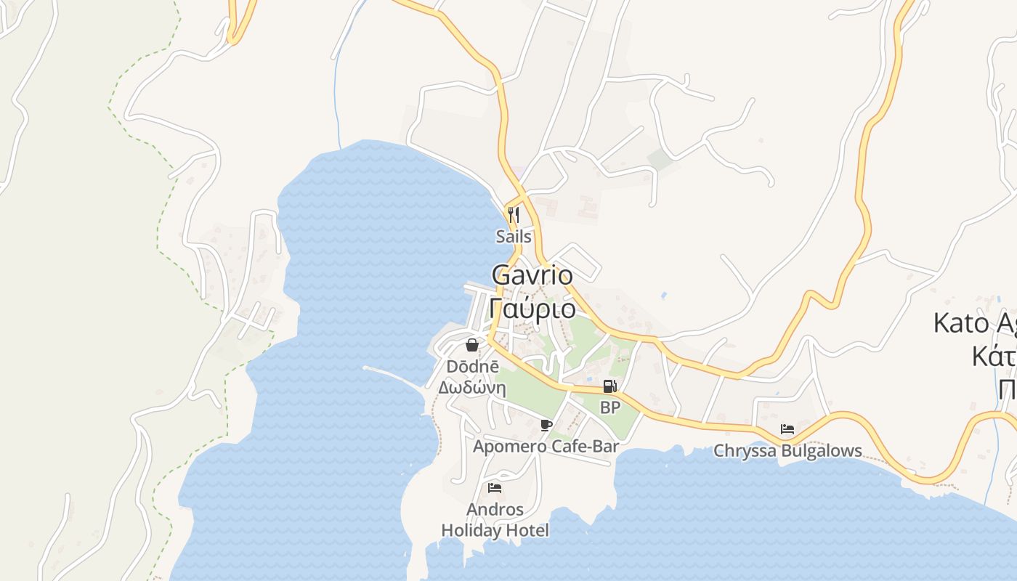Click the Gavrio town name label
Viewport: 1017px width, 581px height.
click(x=532, y=275)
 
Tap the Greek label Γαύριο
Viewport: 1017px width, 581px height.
click(x=532, y=309)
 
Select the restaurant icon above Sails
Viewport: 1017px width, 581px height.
click(x=514, y=214)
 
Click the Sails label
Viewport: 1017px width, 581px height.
click(x=514, y=236)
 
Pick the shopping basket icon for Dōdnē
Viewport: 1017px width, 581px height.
click(x=472, y=345)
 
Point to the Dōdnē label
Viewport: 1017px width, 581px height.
click(x=472, y=367)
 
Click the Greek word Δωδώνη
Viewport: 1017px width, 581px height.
click(x=472, y=387)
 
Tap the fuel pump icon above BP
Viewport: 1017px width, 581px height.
click(x=610, y=386)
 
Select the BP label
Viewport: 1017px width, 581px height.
click(x=610, y=407)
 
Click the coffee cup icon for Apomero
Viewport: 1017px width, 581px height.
click(x=546, y=425)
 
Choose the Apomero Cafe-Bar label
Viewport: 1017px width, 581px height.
click(x=546, y=446)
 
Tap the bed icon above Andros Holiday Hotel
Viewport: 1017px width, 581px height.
click(x=495, y=487)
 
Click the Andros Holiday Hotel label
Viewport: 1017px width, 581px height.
click(x=495, y=520)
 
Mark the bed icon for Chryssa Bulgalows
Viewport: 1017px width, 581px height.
click(x=787, y=429)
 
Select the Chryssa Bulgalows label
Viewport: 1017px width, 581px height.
click(x=787, y=451)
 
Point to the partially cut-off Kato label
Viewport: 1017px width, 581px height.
click(x=973, y=322)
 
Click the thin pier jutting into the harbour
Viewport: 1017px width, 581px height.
click(x=392, y=375)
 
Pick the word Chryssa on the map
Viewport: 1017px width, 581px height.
click(x=744, y=451)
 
